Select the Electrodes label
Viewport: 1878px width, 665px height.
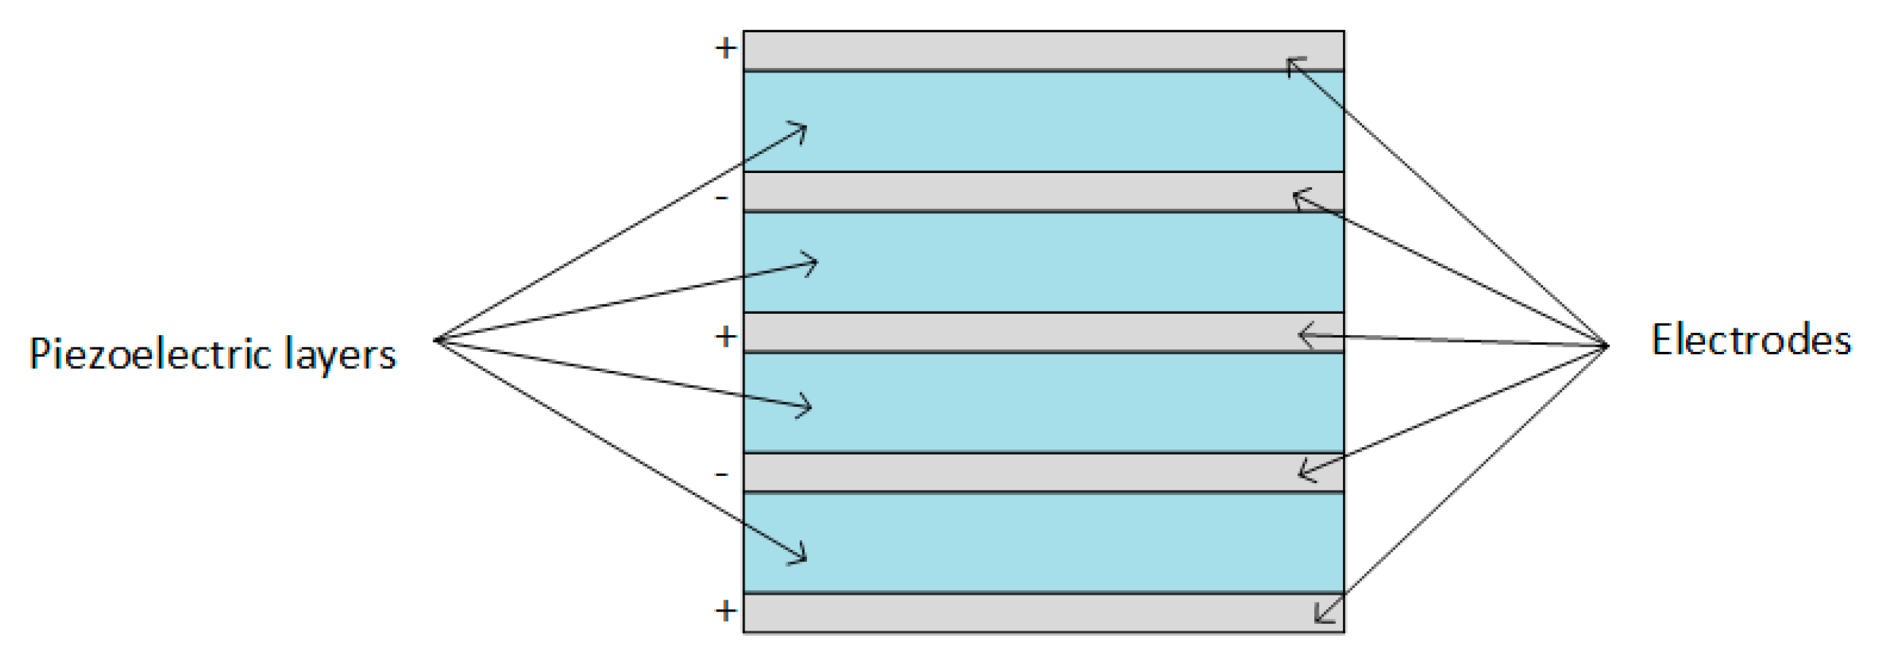(1750, 340)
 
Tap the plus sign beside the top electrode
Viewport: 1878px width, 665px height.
(726, 48)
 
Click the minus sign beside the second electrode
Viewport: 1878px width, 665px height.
(722, 197)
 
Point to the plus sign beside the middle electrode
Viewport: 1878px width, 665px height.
(726, 337)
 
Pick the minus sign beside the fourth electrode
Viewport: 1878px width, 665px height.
(722, 474)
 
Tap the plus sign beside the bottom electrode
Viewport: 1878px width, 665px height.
(726, 610)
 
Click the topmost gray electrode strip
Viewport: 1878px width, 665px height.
(1026, 51)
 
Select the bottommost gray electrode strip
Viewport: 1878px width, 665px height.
(1026, 613)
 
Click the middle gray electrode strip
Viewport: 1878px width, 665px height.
(1026, 332)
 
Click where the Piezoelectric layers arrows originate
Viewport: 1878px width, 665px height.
(436, 340)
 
